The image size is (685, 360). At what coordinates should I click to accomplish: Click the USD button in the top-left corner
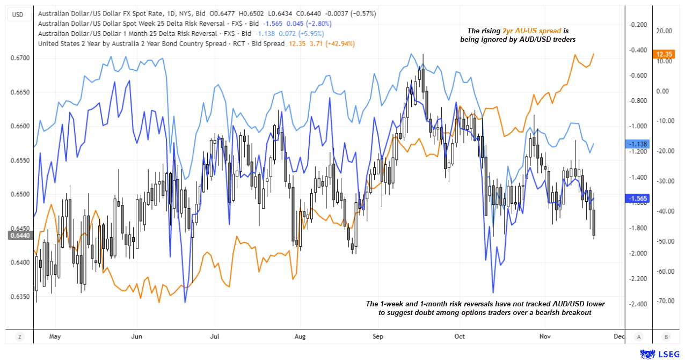coord(18,14)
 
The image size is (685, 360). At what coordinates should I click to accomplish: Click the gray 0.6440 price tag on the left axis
coord(19,234)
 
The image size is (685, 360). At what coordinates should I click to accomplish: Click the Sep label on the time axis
coord(378,336)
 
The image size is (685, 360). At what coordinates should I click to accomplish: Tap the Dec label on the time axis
coord(619,336)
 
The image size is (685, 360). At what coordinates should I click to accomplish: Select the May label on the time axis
coord(55,336)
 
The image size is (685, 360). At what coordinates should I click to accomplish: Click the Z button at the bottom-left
coord(19,336)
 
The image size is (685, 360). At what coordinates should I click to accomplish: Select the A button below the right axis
coord(639,336)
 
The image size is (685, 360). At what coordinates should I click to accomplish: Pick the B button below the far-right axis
coord(666,336)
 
